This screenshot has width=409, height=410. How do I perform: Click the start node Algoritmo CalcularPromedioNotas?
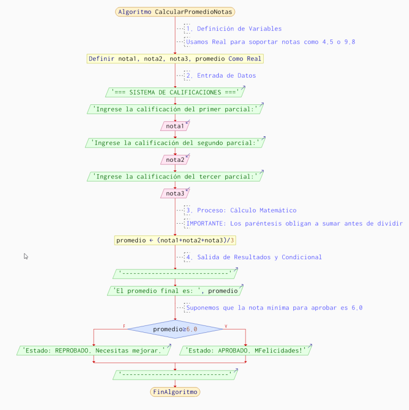(x=175, y=12)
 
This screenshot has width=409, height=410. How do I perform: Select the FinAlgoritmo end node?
(x=175, y=392)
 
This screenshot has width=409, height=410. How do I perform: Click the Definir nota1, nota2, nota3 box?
(x=175, y=59)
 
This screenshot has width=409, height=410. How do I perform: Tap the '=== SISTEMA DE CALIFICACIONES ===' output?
(x=175, y=93)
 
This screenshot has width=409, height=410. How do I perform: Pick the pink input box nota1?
(x=175, y=126)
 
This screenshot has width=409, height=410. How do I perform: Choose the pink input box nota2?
(x=175, y=160)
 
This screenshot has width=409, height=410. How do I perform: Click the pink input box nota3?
(x=175, y=193)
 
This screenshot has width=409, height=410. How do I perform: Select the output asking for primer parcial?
(x=175, y=109)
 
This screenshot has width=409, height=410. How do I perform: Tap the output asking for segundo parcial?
(x=175, y=143)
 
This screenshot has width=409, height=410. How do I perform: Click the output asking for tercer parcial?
(x=175, y=176)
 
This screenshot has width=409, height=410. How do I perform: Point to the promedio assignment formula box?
(x=175, y=240)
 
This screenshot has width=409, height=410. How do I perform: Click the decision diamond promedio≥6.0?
(x=175, y=329)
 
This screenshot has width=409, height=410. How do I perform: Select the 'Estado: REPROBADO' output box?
(x=94, y=350)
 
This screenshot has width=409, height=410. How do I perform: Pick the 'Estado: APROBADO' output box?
(x=246, y=350)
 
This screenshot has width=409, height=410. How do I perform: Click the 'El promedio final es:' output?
(x=175, y=291)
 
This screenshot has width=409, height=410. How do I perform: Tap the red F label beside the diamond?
(x=124, y=326)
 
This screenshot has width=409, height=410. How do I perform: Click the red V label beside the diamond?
(x=226, y=326)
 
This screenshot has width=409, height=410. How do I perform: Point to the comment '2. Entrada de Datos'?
(x=226, y=76)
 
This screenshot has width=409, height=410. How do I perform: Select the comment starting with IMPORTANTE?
(x=294, y=224)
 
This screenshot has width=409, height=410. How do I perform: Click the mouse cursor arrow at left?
(x=26, y=256)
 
